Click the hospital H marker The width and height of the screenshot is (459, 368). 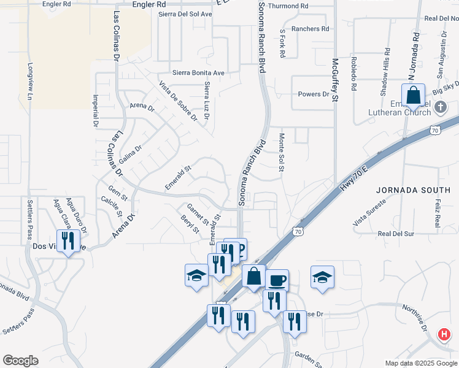point(444,335)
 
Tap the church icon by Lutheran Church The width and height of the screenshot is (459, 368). point(440,108)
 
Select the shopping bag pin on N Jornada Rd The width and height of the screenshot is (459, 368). point(414,96)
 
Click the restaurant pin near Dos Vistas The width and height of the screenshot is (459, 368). point(68,240)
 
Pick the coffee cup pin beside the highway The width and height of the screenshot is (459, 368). point(277,280)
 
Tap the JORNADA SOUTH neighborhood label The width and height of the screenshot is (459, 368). point(406,190)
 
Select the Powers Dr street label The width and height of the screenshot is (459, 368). point(314,94)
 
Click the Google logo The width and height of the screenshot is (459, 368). point(20,360)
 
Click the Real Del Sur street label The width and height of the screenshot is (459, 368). point(396,234)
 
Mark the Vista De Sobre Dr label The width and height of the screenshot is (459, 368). point(177,101)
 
